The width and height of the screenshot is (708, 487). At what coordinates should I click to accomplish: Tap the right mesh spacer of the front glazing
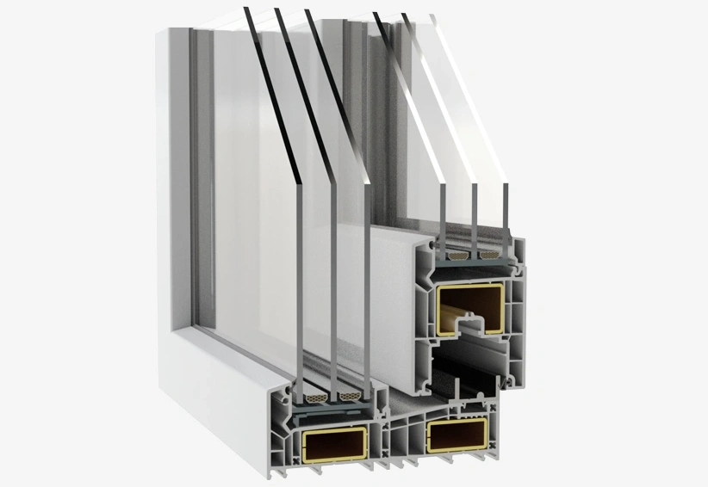350,398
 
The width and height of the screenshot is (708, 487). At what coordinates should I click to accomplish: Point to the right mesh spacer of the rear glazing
490,256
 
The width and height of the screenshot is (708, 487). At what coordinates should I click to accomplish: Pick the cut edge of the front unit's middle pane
332,284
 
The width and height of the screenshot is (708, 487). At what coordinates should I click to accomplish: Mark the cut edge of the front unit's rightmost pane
367,284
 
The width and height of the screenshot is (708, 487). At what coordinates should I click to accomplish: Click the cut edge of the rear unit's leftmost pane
442,215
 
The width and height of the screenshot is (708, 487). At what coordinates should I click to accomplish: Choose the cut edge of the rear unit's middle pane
474,215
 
